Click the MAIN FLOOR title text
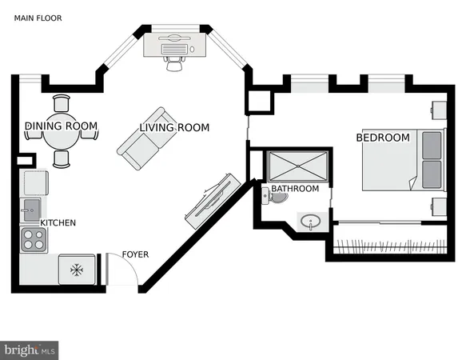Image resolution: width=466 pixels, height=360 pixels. point(37,18)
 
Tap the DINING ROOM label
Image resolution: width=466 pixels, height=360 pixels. point(61,126)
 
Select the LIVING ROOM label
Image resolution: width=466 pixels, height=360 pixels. point(174,127)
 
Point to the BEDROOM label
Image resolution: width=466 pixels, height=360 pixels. point(383,138)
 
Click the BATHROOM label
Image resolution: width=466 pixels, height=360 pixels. point(295,189)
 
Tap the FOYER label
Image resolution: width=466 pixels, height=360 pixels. point(135,255)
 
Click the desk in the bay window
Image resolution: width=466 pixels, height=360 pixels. point(174,46)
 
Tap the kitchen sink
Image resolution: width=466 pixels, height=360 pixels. point(30,210)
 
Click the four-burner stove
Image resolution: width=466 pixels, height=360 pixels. point(33,238)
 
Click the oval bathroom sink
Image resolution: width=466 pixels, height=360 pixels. point(310,221)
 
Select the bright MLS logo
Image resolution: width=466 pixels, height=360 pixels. point(30,350)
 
